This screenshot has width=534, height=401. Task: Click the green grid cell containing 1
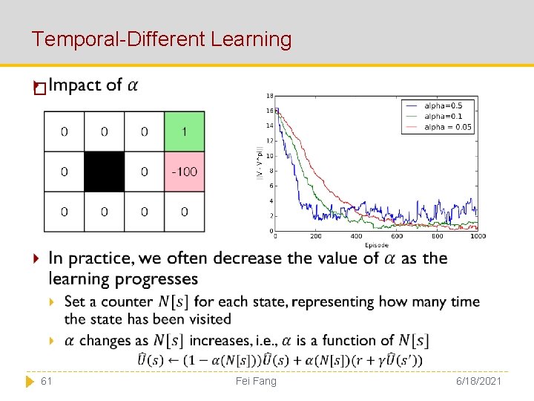click(x=184, y=131)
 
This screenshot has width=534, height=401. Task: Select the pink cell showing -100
click(x=184, y=172)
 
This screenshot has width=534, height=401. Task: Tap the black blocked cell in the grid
click(x=104, y=172)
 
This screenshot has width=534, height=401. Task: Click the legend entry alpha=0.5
click(x=443, y=105)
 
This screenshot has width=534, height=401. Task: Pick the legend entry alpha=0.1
click(x=443, y=116)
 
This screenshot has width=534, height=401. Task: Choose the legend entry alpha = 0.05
click(x=446, y=127)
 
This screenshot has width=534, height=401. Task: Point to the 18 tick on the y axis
click(x=269, y=95)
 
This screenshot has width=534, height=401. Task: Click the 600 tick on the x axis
click(x=397, y=237)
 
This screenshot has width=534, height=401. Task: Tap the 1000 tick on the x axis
click(x=477, y=237)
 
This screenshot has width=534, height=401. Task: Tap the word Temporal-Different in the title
click(x=118, y=39)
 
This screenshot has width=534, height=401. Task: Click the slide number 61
click(x=46, y=381)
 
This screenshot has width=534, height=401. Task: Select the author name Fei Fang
click(x=255, y=381)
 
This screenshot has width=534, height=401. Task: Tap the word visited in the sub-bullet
click(x=211, y=319)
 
